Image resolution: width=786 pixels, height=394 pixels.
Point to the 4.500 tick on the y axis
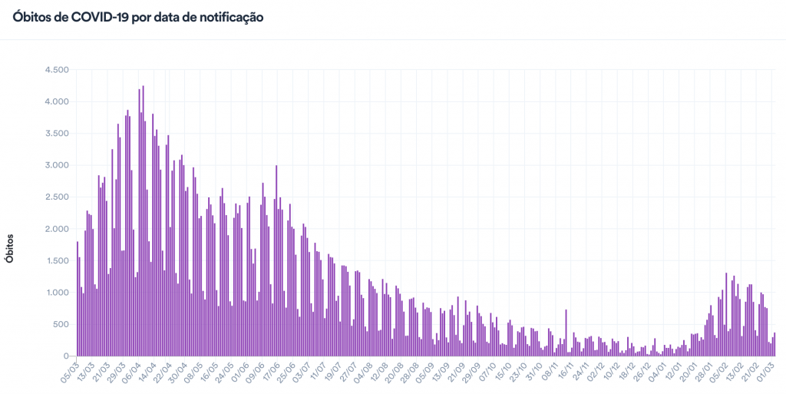coord(57,70)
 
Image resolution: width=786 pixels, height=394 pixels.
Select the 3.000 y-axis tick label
coord(57,165)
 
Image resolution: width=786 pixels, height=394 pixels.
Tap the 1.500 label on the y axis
coord(57,261)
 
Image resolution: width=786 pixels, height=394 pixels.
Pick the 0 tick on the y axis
coord(67,356)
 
